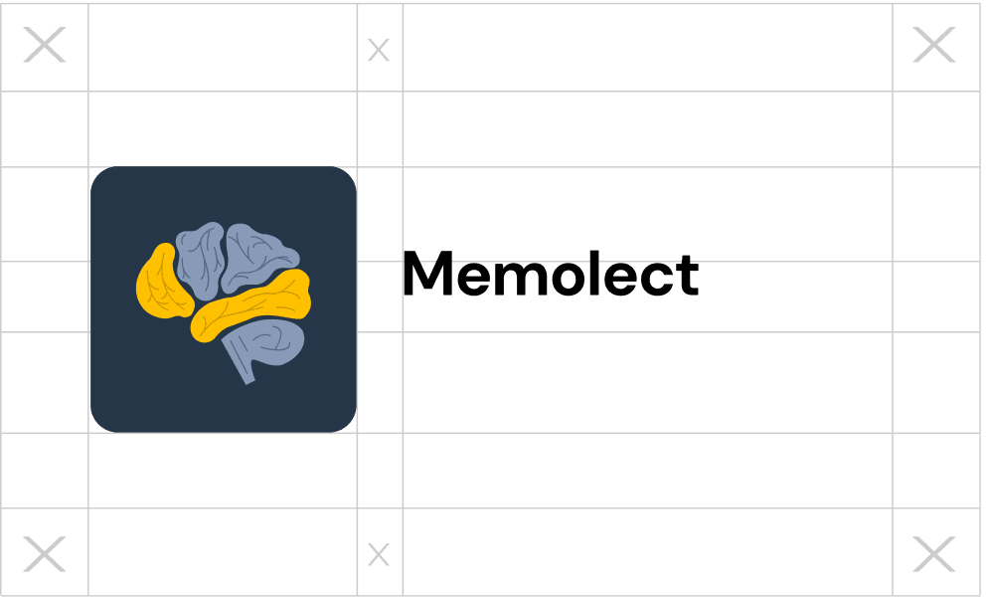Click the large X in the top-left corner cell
point(45,46)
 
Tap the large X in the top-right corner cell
point(933,46)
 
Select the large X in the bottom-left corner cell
point(45,554)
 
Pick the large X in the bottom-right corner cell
point(933,554)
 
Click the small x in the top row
point(379,50)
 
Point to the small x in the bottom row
point(379,555)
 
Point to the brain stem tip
point(247,377)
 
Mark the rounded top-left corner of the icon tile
point(100,177)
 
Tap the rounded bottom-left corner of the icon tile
point(100,422)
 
